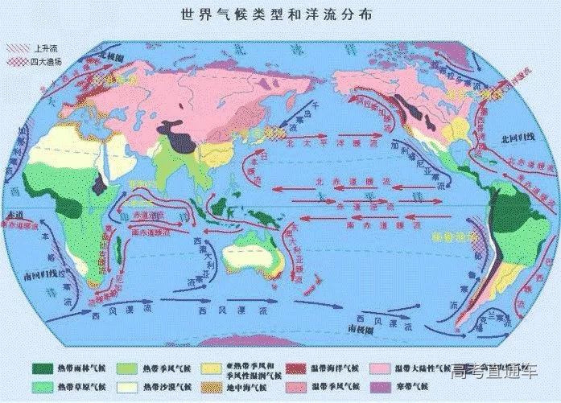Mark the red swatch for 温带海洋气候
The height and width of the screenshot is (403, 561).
(302, 346)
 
